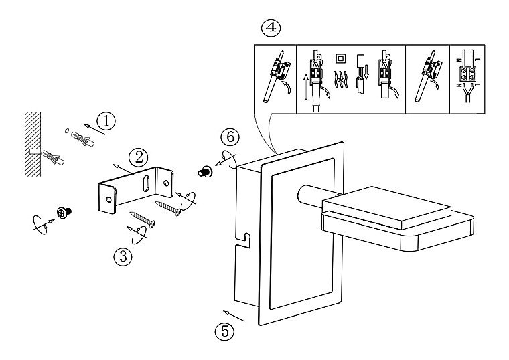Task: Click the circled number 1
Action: point(106,120)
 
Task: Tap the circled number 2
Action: point(138,157)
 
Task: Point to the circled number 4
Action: point(270,28)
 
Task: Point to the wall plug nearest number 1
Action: point(81,139)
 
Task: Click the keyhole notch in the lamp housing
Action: point(246,237)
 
